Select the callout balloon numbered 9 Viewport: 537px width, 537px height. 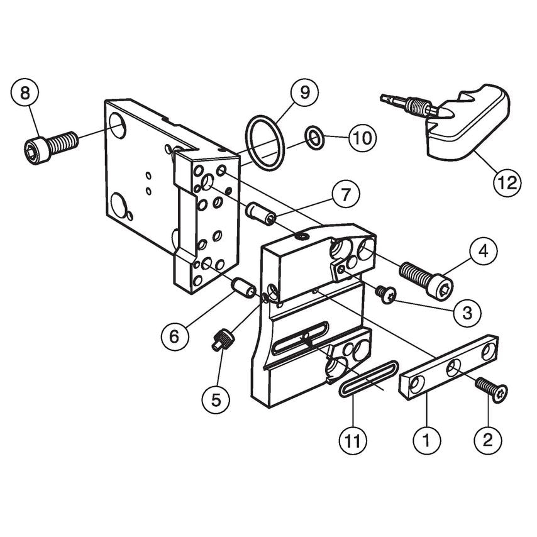click(305, 92)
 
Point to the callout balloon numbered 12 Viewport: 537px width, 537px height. click(507, 183)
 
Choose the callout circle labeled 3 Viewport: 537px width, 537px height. click(467, 312)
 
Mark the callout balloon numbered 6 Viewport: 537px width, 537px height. click(174, 336)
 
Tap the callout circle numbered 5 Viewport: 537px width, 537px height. click(216, 399)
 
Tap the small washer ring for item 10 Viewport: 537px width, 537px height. click(315, 136)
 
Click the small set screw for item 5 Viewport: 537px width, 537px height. click(224, 341)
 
